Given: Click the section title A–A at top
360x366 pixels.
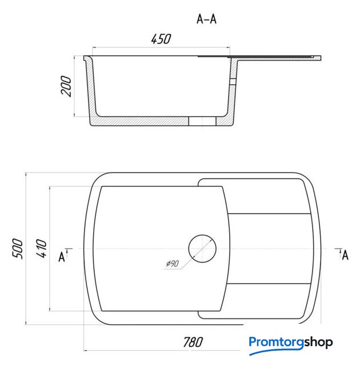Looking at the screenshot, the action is pos(207,19).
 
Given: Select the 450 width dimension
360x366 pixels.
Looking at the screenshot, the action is pos(161,39).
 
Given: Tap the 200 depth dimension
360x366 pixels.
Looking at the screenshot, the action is pos(66,86).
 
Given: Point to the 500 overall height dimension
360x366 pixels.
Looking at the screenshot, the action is pos(18,249).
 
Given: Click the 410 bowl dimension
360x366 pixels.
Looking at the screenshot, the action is pos(42,248).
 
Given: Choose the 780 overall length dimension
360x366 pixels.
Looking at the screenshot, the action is pos(193,342).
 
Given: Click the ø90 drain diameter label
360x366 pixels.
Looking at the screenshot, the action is pos(173,264).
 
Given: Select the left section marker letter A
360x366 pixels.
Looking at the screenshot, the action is pos(62,257).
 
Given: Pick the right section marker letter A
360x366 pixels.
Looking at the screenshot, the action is pos(345,255).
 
